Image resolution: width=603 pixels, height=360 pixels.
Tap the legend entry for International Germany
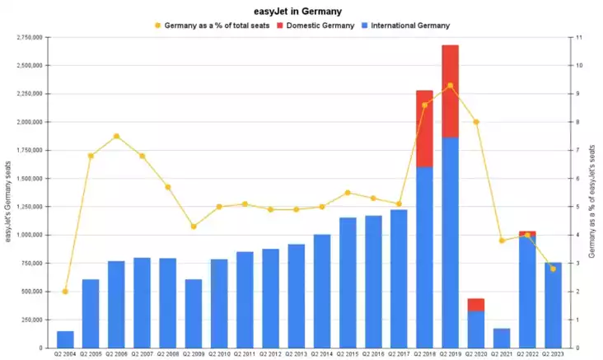click(410, 26)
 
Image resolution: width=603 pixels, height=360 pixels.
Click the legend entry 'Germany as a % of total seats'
click(217, 26)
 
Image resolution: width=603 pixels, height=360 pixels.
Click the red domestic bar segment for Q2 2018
click(424, 129)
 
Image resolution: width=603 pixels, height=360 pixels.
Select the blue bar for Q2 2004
click(65, 339)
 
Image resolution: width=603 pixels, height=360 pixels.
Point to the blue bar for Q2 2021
click(501, 338)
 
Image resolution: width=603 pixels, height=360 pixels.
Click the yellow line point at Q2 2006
click(116, 136)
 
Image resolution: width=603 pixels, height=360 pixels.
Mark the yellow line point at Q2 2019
click(450, 86)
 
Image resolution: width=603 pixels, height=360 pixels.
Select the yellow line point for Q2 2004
click(65, 291)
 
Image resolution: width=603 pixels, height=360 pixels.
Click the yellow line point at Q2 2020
click(476, 122)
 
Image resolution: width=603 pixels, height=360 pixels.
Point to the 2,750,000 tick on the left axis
click(30, 37)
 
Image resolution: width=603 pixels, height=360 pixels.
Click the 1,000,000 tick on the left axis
click(30, 235)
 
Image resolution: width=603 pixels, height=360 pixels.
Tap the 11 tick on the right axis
click(579, 37)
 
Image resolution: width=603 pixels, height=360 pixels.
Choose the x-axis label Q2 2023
click(552, 354)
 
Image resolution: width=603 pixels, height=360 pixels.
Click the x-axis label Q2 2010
click(218, 354)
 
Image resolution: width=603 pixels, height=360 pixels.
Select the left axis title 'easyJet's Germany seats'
click(8, 194)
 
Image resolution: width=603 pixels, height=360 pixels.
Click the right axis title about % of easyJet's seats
click(594, 194)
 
